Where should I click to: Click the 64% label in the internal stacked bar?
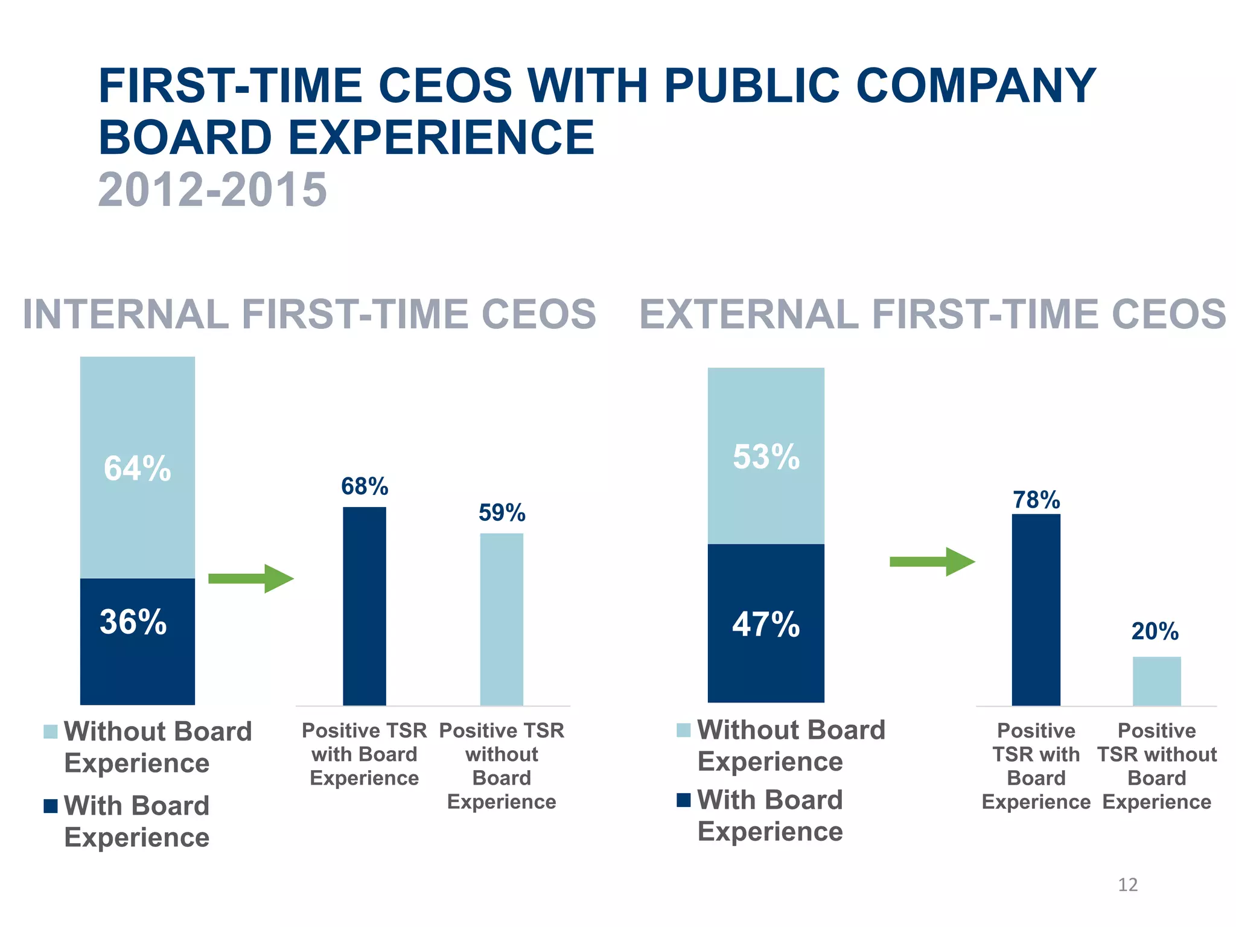(138, 468)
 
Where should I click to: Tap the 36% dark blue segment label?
(133, 622)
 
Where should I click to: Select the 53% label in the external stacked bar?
(766, 456)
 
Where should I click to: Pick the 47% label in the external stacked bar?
(766, 624)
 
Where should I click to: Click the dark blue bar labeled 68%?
(365, 606)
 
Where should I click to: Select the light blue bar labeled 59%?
(502, 619)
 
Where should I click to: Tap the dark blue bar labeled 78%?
(1036, 610)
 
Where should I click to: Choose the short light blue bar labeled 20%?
(1156, 681)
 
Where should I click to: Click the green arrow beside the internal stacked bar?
(250, 579)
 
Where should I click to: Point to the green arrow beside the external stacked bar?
(932, 562)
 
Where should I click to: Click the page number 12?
(1127, 885)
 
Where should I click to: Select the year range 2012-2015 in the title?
(212, 190)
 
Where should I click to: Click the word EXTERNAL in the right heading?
(748, 314)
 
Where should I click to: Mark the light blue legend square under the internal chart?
(51, 731)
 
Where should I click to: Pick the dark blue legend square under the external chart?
(683, 800)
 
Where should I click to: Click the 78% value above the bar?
(1036, 500)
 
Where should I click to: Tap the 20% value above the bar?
(1155, 631)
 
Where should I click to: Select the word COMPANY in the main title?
(976, 86)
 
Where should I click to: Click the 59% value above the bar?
(502, 513)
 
